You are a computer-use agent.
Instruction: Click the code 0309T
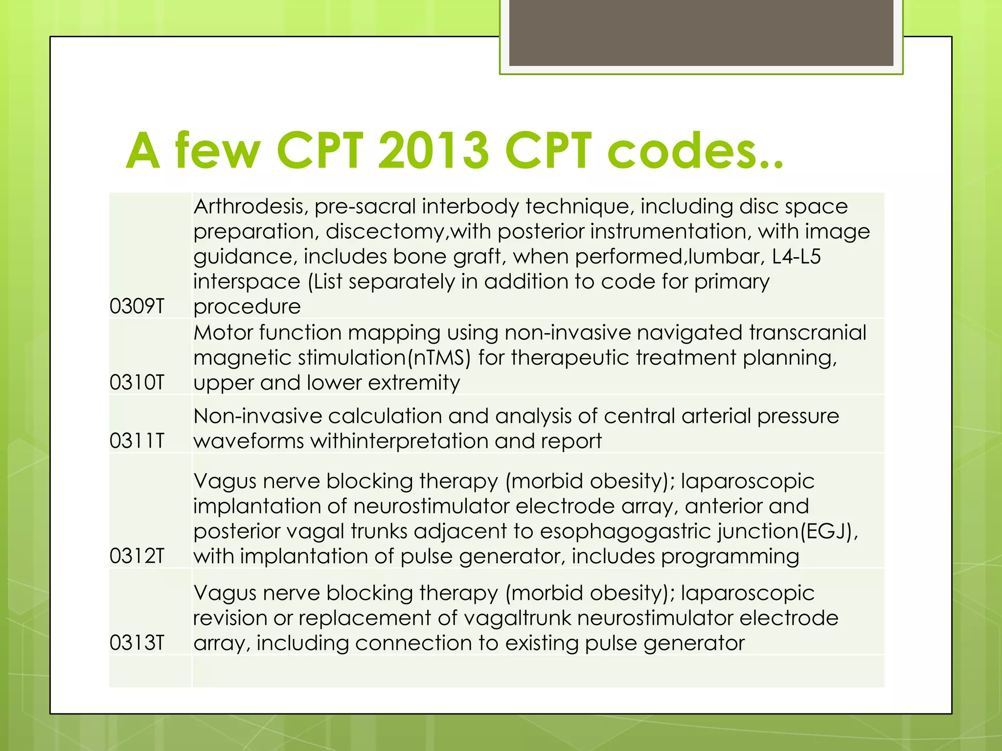(137, 307)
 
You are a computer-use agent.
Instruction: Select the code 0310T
(137, 383)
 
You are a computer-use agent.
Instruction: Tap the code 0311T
(137, 441)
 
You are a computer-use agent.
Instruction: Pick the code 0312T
(137, 556)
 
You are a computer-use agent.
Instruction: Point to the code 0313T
(137, 643)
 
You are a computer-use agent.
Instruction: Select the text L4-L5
(796, 257)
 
